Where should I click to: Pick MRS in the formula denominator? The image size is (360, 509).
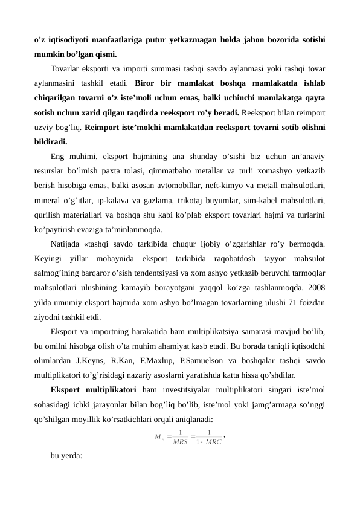coord(180,442)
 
